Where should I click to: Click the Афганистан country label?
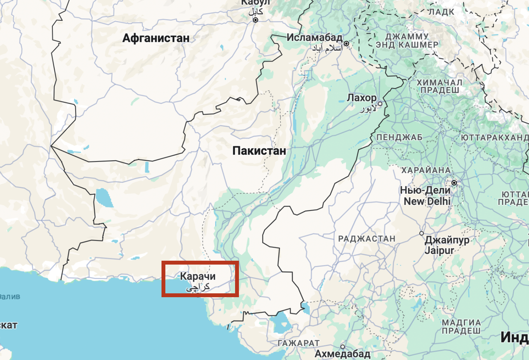click(x=156, y=38)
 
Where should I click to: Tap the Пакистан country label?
click(x=259, y=151)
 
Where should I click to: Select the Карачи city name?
click(x=198, y=277)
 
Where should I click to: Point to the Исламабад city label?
click(x=315, y=37)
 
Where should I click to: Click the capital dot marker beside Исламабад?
click(x=347, y=44)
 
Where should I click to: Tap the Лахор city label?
click(x=362, y=97)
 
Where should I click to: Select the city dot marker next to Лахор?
click(x=380, y=104)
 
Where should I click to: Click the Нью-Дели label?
click(x=425, y=191)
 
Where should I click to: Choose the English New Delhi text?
click(x=427, y=201)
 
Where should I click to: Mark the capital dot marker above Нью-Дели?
click(x=454, y=182)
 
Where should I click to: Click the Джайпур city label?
click(x=447, y=240)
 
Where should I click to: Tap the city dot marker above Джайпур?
click(x=421, y=233)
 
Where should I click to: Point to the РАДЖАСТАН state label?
click(x=367, y=239)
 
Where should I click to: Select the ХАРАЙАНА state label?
click(x=425, y=170)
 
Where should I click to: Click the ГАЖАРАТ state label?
click(x=298, y=343)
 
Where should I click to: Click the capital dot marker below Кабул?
click(x=255, y=20)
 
